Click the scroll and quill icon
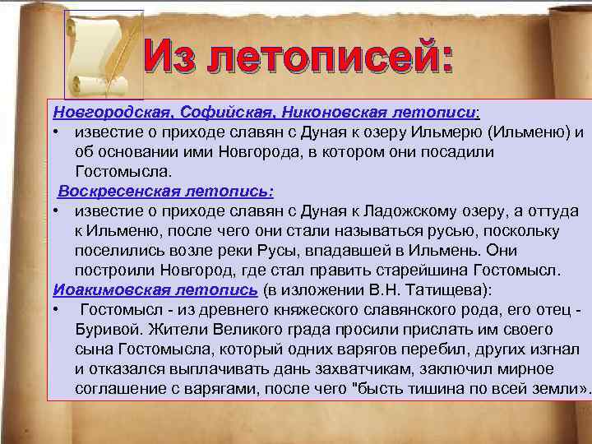104,54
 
